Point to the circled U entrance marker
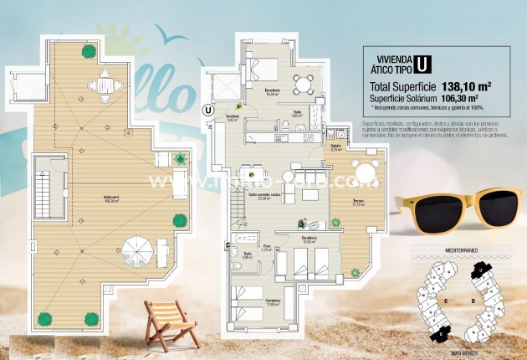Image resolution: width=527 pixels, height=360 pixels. coord(207,108)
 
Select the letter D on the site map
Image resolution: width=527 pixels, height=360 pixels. coord(473,299)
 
